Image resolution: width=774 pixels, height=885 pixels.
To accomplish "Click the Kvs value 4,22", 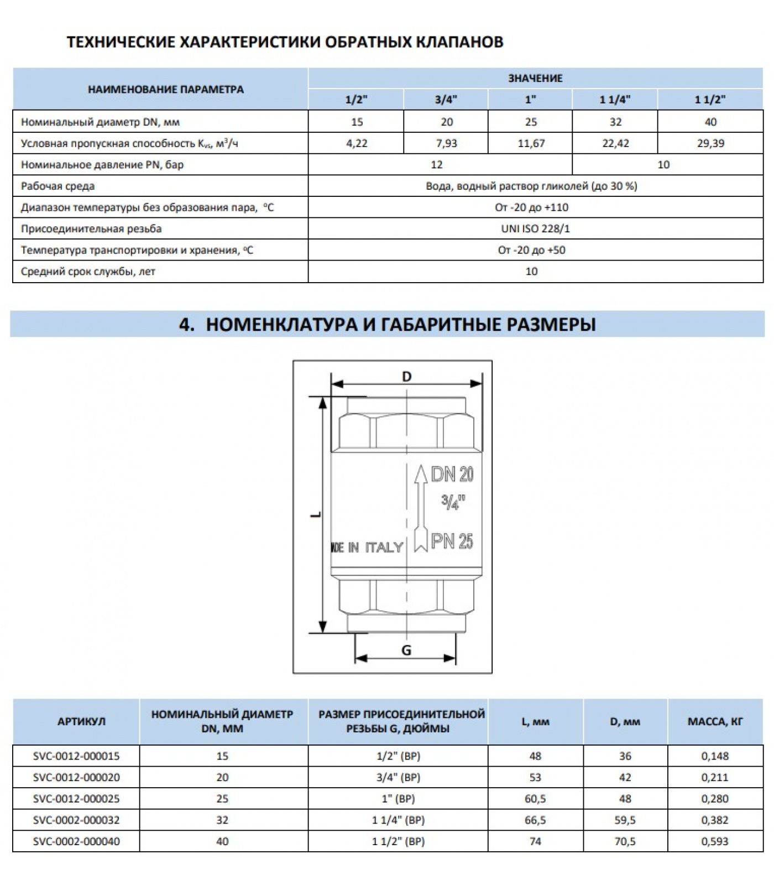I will coord(357,143).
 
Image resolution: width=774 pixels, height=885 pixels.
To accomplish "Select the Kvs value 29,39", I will coord(710,143).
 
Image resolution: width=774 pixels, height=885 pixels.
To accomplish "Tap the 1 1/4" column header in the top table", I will coord(615,100).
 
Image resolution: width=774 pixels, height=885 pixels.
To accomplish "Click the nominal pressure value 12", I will coord(437,165).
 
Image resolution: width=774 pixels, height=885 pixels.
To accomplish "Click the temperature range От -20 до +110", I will coord(532,207).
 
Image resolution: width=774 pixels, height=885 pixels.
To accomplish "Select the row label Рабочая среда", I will coord(57,186).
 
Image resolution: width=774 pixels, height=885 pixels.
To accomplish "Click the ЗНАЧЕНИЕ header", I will coord(535,79).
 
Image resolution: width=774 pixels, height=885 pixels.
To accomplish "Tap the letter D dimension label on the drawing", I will coord(407,377).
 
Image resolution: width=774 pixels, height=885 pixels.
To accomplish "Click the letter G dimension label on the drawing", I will coord(406,650).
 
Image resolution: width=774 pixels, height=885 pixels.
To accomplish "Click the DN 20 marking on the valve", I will coord(452,474).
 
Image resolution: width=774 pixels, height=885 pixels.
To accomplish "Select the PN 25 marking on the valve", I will coord(452,541).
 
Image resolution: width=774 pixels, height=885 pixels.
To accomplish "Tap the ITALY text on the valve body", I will coord(384,548).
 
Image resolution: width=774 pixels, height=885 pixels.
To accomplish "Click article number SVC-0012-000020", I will coord(76,777).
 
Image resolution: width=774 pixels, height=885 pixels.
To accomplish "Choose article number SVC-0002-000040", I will coord(76,841).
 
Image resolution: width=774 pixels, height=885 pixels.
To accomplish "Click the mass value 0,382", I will coord(715,820).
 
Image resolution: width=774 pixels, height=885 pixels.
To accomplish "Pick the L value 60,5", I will coord(535,799).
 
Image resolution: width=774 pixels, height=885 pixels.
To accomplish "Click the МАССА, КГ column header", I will coord(715,722).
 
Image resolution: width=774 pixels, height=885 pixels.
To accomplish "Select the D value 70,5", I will coord(625,841).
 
